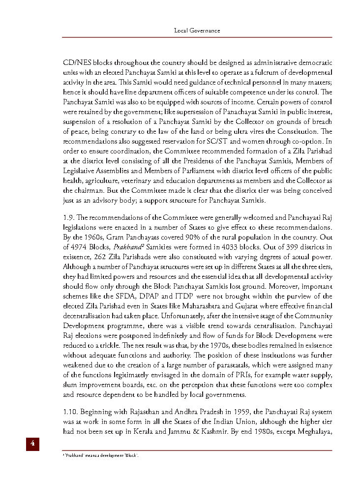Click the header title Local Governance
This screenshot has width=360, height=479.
coord(197,30)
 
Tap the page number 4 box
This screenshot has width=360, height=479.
coord(32,443)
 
